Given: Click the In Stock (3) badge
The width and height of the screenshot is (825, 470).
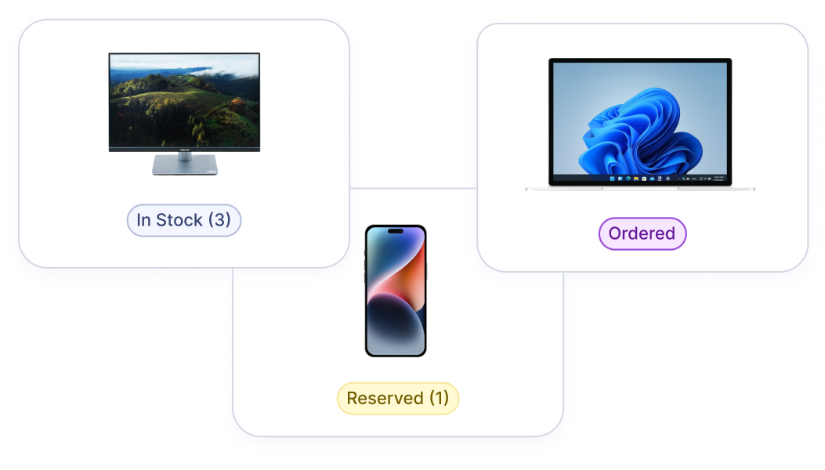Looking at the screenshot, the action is [x=183, y=220].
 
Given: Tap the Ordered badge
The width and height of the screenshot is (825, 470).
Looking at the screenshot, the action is [x=642, y=233].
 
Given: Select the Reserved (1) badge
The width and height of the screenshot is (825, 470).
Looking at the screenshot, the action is [x=398, y=399].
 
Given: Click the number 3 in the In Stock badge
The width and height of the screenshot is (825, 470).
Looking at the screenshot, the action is [x=219, y=220].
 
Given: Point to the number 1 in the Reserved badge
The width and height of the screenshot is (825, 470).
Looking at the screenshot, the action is [x=440, y=398].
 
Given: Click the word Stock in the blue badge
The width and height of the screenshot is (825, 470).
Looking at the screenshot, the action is [x=179, y=220].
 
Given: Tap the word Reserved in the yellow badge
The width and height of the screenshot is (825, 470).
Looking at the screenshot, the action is [x=385, y=399].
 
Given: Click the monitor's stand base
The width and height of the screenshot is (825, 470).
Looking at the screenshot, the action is [x=185, y=164].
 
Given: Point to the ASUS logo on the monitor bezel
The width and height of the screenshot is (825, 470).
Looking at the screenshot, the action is [x=185, y=150].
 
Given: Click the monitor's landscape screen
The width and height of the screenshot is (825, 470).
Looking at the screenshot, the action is [x=184, y=100].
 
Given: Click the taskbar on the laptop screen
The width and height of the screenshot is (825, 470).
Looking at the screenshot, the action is [x=640, y=179].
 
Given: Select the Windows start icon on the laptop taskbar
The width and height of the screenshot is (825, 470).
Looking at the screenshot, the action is [x=612, y=179].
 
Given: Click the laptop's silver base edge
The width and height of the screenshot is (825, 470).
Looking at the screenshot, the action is [x=640, y=189].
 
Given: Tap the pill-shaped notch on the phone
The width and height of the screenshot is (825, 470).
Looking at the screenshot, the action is [x=396, y=231].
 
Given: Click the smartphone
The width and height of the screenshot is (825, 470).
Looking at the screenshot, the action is [x=396, y=291].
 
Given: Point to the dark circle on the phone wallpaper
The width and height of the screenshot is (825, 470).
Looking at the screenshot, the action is [x=396, y=322].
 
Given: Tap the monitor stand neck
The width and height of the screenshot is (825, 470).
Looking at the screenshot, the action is [x=185, y=157].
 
